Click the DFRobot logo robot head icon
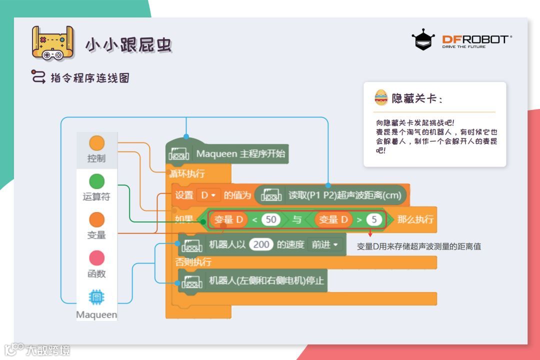click(x=423, y=39)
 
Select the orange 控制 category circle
click(x=96, y=143)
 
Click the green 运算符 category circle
click(x=96, y=181)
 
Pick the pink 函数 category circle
click(x=96, y=258)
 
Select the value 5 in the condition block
click(x=373, y=219)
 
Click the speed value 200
click(x=261, y=244)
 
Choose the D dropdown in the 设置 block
click(x=208, y=195)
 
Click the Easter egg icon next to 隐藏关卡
click(x=381, y=97)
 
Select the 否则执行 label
click(x=193, y=262)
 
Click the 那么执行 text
click(x=415, y=219)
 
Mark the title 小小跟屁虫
click(x=128, y=45)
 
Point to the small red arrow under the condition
click(x=370, y=232)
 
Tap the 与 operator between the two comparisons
click(x=296, y=219)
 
